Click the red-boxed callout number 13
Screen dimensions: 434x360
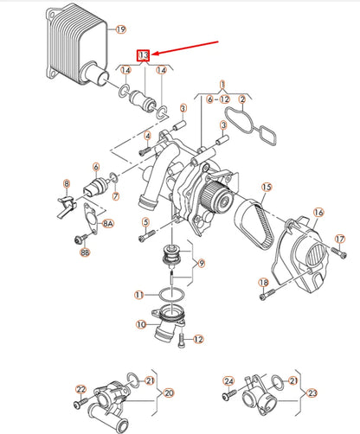tap(144, 55)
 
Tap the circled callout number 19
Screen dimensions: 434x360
tap(119, 29)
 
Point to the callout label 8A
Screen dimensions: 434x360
tap(107, 223)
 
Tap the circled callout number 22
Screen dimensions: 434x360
tap(80, 389)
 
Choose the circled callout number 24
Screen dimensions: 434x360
tap(228, 380)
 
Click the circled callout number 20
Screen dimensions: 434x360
tap(169, 392)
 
